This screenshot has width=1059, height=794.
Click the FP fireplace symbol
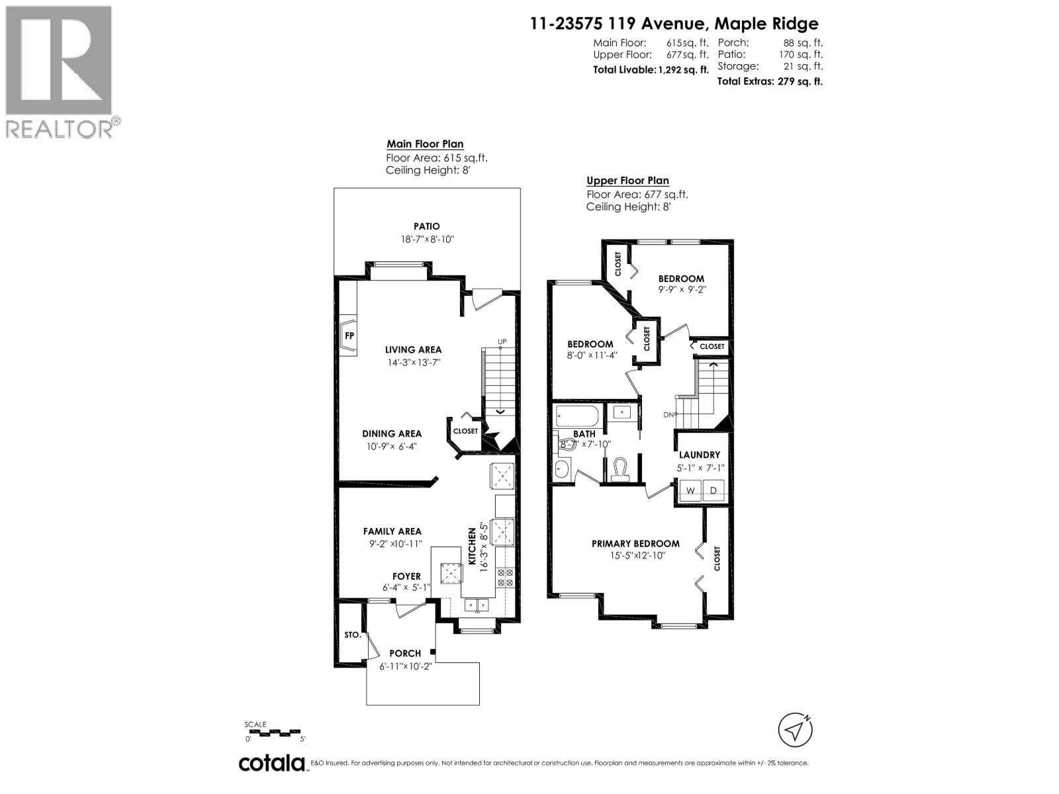349,335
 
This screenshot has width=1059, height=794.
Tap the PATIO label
426,226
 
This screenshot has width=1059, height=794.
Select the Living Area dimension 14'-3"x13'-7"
414,363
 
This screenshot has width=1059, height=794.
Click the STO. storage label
353,635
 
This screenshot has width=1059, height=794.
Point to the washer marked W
690,490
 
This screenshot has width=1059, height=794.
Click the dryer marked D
714,490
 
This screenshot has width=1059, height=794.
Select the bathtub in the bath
577,417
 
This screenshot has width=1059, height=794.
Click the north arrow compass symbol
795,730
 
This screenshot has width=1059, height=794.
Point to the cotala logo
271,763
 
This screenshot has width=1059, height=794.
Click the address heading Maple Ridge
674,24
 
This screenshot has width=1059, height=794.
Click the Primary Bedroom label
635,544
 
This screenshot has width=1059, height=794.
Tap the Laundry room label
700,455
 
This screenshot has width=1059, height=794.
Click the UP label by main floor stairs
502,342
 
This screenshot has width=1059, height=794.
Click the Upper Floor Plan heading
627,181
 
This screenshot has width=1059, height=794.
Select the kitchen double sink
476,603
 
